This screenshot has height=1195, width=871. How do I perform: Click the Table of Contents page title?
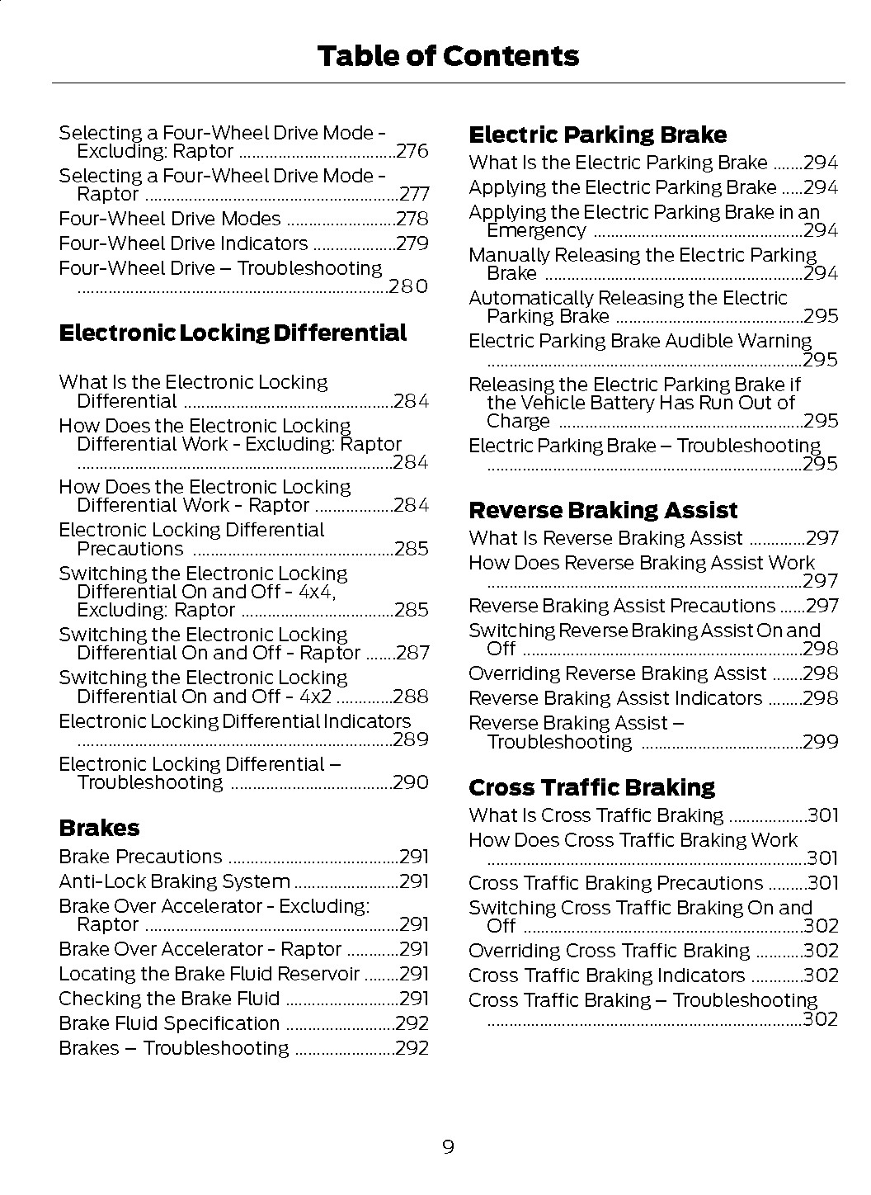448,56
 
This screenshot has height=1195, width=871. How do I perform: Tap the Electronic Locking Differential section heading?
233,333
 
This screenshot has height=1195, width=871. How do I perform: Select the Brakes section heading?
99,829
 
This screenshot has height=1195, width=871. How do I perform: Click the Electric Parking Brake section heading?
597,135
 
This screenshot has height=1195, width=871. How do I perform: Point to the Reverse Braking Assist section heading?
603,510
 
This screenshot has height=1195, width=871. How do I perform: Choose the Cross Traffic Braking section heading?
591,787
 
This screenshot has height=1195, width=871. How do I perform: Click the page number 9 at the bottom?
448,1146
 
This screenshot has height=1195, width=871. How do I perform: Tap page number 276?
412,151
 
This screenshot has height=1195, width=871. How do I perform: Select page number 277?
414,195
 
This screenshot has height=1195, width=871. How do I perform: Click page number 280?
408,286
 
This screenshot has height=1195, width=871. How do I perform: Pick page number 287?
412,654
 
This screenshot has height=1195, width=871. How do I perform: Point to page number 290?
411,782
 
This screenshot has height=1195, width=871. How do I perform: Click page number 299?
821,742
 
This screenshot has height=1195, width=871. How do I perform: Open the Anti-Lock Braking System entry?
174,882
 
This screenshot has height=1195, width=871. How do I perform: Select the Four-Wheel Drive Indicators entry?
183,244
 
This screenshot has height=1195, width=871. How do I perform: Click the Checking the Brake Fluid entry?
169,999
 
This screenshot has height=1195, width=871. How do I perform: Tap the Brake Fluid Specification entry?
169,1024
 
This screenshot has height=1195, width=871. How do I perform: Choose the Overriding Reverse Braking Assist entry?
618,674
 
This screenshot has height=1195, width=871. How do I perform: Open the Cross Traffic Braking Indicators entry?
606,976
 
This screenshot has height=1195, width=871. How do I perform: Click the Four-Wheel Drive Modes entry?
170,220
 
